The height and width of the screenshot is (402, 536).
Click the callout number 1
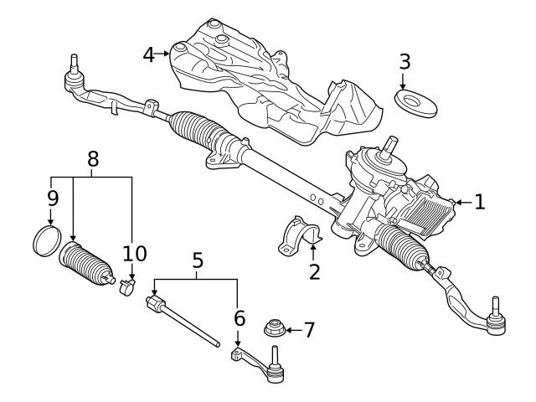click(479, 202)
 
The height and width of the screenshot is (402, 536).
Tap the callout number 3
click(405, 61)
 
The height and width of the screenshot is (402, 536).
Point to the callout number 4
click(149, 55)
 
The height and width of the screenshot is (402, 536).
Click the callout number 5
click(198, 261)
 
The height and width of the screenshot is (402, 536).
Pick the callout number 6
click(239, 319)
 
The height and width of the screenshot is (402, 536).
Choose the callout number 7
click(309, 329)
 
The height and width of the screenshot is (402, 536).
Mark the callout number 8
click(93, 158)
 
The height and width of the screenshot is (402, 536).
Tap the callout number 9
click(52, 200)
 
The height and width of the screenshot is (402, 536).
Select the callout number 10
click(134, 254)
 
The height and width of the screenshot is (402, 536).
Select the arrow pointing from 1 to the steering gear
click(461, 202)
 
